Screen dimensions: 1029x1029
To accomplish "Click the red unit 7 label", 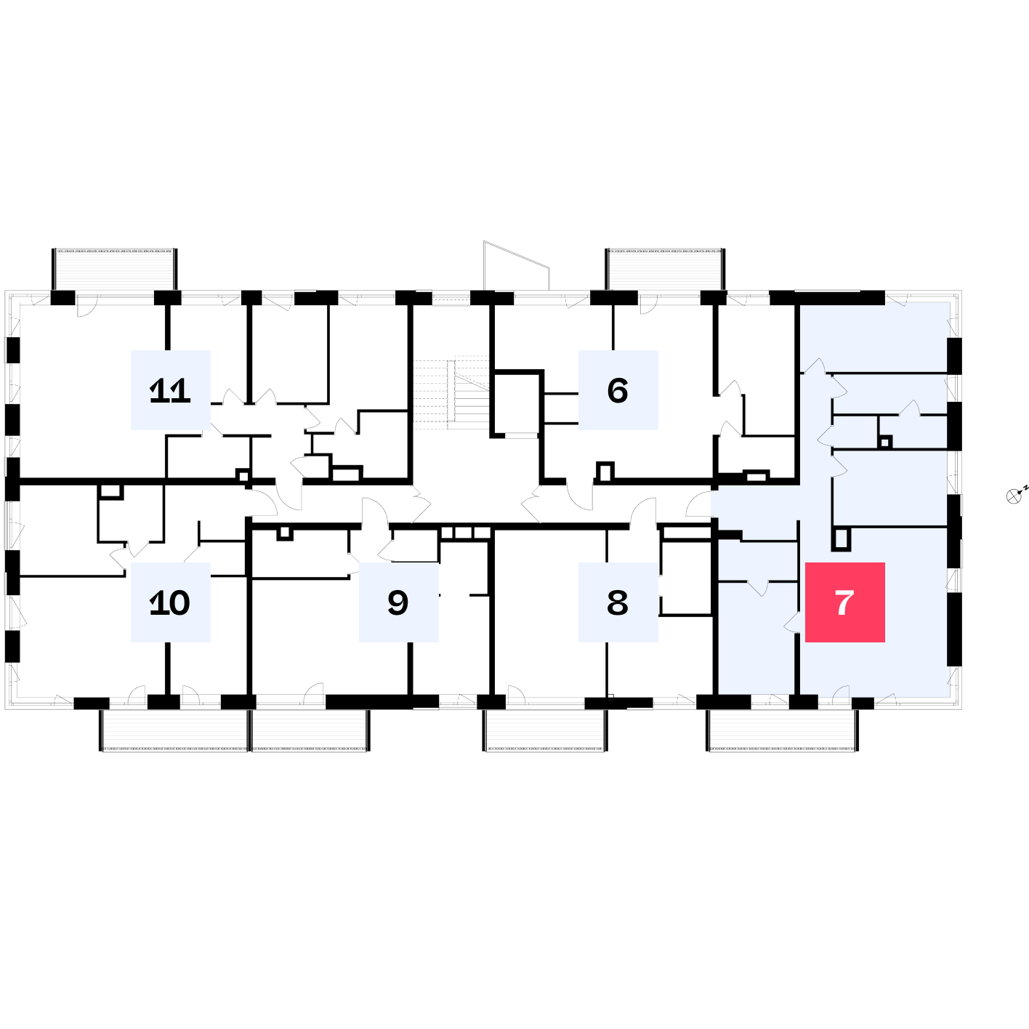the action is pos(844,602).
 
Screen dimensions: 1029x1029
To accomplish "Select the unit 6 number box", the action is pos(618,390).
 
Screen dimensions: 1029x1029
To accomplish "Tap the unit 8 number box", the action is pos(618,602).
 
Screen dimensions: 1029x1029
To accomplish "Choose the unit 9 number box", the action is pos(398,602).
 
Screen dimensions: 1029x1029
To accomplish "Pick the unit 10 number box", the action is pos(170,602).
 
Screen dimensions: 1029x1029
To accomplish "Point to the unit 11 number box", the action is pos(170,390).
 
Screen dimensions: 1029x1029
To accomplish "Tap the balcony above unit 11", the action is pos(114,269).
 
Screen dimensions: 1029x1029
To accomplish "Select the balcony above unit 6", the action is pos(665,269).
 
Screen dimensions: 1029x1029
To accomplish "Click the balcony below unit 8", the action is pos(545,730).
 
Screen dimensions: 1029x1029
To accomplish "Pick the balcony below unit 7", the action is pos(783,730).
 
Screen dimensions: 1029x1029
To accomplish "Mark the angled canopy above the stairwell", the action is pos(516,265).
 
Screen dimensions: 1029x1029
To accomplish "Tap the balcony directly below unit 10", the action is pos(174,730).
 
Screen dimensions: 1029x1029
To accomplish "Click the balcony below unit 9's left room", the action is pos(310,730).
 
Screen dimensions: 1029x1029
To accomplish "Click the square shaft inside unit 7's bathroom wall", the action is pos(885,442).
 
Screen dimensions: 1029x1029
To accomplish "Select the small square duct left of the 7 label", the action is pos(841,539).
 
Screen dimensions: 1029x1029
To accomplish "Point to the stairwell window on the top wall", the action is pos(451,298).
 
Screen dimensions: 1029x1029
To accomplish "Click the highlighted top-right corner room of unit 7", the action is pos(875,337).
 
